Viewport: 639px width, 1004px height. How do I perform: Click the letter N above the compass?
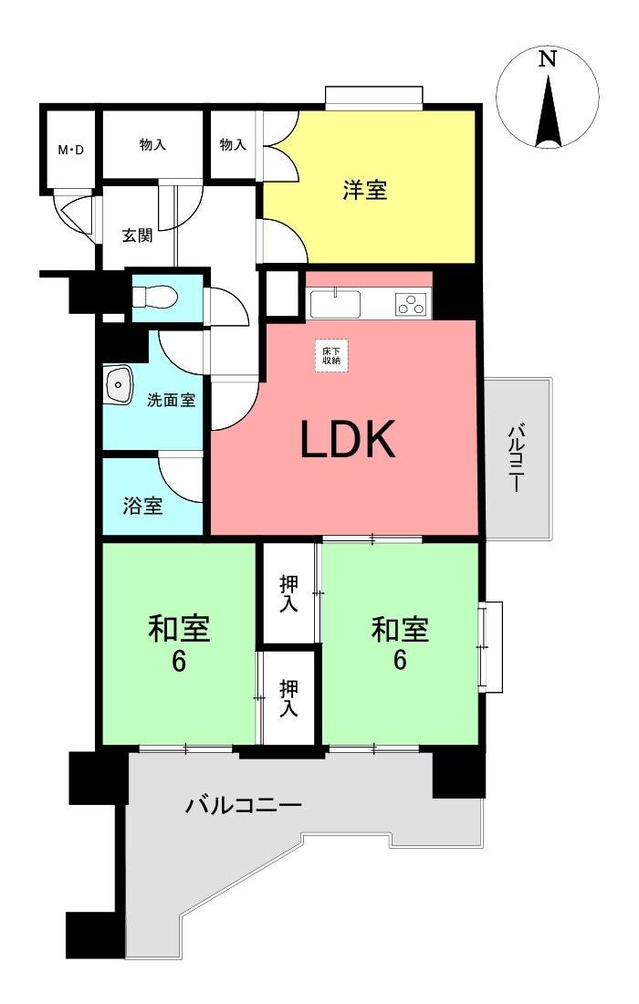(547, 59)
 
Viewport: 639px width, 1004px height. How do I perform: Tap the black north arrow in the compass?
(548, 112)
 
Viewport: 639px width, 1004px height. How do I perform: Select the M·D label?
(71, 152)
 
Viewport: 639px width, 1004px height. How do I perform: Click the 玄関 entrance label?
(138, 235)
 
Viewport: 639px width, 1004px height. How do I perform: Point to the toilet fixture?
(154, 298)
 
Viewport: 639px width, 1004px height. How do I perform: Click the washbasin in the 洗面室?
(119, 384)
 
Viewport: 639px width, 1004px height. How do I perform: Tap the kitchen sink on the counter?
(335, 304)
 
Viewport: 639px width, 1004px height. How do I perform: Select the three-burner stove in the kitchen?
(411, 304)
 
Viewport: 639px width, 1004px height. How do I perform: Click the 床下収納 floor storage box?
(331, 355)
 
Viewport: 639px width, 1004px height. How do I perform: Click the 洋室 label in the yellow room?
(365, 190)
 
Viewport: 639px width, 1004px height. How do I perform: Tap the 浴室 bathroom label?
(142, 506)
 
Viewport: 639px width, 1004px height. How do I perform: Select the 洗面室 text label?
(171, 400)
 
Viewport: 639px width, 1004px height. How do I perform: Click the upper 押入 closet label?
(288, 593)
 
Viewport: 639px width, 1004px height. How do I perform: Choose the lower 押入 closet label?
(288, 698)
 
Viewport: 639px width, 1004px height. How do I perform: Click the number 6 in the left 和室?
(179, 661)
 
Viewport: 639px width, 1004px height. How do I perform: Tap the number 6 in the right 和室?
(400, 660)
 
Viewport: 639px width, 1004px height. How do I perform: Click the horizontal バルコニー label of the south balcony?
(244, 804)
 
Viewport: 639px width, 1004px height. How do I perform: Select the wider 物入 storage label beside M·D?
(153, 145)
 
